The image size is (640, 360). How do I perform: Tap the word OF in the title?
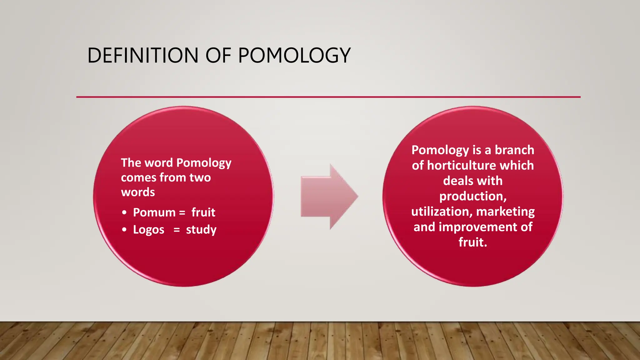218,56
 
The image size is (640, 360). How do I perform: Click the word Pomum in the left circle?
154,212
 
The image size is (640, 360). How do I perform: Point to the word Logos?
148,230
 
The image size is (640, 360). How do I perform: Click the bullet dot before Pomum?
124,212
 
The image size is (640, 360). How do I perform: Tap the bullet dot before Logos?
124,230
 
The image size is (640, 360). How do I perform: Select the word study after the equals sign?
201,230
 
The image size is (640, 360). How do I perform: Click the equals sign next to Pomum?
182,212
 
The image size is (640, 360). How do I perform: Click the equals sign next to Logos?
177,230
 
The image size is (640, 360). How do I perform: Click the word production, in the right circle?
473,196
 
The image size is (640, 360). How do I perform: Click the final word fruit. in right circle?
473,242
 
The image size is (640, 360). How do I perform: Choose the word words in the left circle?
138,192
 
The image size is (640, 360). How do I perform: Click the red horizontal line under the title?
328,97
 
